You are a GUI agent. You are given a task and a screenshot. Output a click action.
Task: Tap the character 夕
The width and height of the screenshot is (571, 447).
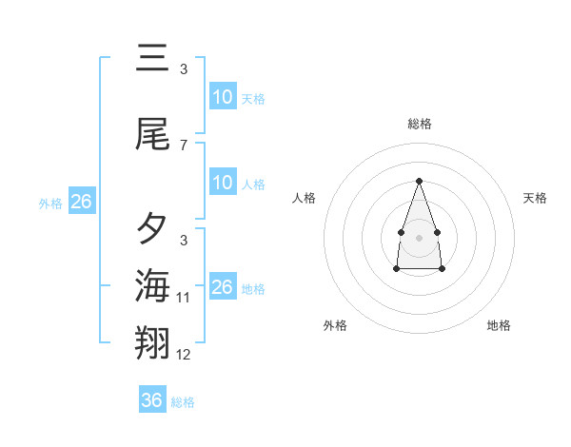coord(152,228)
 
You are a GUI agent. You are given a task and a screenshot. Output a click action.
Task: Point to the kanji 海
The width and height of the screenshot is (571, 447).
coord(152,284)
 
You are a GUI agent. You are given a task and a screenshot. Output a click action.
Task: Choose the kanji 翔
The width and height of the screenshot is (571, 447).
coord(152,342)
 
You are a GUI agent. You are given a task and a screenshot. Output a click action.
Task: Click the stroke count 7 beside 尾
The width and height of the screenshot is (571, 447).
coord(184,146)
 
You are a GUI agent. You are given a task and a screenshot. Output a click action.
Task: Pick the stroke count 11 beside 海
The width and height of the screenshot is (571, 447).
coord(184,298)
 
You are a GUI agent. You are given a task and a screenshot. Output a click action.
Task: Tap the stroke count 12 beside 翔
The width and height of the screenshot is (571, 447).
coord(184,355)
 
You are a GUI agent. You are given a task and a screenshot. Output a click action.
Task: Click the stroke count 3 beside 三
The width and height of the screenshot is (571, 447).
coord(184,69)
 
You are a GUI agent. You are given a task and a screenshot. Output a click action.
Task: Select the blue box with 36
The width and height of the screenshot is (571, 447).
coord(152,400)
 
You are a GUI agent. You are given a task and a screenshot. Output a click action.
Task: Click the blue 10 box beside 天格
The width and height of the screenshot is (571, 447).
coord(223,97)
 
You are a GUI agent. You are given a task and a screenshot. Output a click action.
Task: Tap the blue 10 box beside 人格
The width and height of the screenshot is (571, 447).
coord(223,183)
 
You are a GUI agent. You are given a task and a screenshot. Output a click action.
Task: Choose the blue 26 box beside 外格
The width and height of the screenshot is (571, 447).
coord(82,202)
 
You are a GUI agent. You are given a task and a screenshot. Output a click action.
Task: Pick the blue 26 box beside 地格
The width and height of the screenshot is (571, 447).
coord(223,287)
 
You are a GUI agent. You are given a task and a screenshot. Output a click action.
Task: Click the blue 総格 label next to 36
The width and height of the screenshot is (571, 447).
coord(184,402)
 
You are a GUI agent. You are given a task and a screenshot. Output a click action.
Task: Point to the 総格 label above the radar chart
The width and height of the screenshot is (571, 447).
coord(419,124)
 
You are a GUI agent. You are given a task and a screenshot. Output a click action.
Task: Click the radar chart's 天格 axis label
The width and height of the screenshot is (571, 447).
coord(535,198)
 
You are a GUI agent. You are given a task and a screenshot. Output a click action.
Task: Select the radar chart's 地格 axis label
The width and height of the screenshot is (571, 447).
coord(499,325)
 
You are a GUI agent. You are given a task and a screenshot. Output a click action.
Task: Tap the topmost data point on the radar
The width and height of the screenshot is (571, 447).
coord(419,181)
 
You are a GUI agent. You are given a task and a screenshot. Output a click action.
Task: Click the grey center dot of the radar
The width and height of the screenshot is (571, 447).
coord(419,236)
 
